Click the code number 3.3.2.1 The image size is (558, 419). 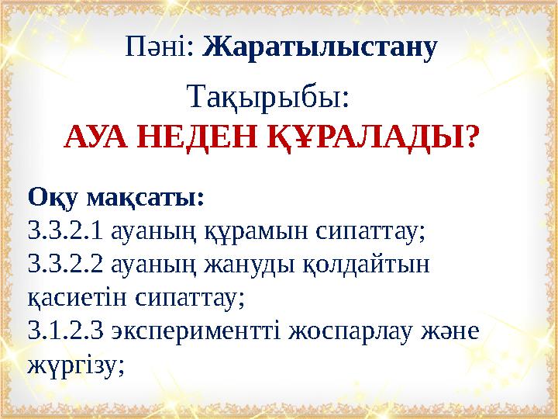pyautogui.click(x=66, y=230)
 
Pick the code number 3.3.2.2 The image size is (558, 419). pyautogui.click(x=66, y=263)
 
